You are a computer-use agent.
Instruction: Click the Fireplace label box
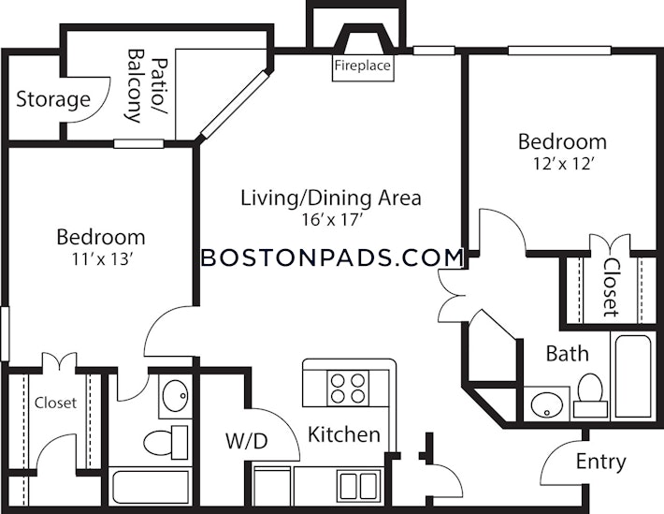(x=363, y=67)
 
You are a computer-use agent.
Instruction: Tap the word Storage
(x=53, y=99)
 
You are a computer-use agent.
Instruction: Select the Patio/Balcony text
(x=147, y=86)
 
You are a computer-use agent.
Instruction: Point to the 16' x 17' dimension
(x=333, y=220)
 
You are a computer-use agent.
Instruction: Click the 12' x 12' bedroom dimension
(x=562, y=164)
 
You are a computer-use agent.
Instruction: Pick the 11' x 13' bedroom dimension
(x=100, y=258)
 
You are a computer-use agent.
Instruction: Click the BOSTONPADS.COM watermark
(x=332, y=257)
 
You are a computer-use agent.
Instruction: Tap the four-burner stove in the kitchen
(x=348, y=388)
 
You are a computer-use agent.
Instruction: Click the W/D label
(x=247, y=441)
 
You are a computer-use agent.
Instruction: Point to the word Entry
(x=600, y=462)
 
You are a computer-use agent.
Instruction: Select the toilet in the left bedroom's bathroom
(x=166, y=442)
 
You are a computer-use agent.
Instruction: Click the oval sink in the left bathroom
(x=175, y=396)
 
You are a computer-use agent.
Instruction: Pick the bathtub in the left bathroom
(x=151, y=487)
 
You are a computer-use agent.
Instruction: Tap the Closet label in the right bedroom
(x=611, y=287)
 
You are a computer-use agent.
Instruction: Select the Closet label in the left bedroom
(x=55, y=403)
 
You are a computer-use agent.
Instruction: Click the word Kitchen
(x=344, y=434)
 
